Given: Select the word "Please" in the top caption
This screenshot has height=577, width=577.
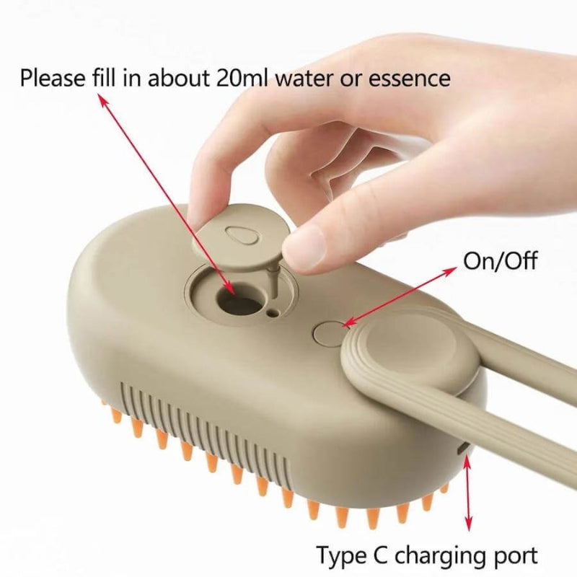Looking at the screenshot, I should pyautogui.click(x=53, y=78).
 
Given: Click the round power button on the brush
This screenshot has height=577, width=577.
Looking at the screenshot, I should pyautogui.click(x=328, y=332).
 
